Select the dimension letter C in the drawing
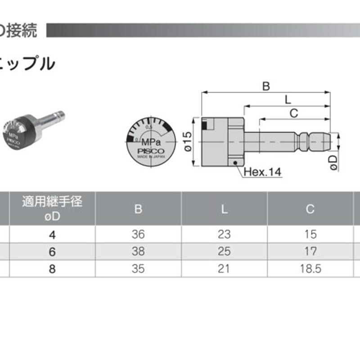tap(293, 113)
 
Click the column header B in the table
tap(138, 209)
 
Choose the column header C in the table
tap(310, 209)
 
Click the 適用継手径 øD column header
tap(52, 208)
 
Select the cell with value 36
tap(138, 234)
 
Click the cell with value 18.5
tap(310, 269)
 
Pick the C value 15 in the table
tap(310, 234)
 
